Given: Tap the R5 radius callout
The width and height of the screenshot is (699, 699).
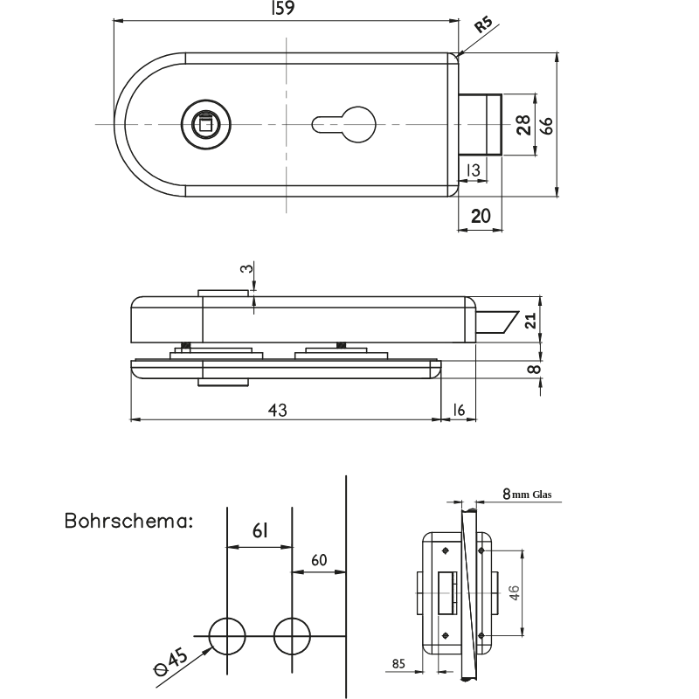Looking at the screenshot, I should point(483,25).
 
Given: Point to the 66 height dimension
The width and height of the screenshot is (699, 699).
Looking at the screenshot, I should point(546,125).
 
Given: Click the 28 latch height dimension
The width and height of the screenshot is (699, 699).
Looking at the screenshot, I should point(523,125).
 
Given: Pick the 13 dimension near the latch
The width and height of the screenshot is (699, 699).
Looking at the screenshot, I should point(473,170).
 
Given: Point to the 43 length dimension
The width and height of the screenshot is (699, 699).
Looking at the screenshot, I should point(277,410).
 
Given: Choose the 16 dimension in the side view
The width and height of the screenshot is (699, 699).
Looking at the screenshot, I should point(460,410).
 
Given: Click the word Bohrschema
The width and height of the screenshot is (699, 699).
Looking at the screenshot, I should point(128,522).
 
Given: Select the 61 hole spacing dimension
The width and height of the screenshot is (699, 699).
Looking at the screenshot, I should point(259,530).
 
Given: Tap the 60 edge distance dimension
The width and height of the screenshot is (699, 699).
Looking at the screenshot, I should point(319,559).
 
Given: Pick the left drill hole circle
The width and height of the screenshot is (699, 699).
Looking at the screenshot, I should point(226,635).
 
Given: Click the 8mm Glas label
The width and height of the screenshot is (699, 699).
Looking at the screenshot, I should point(527,495).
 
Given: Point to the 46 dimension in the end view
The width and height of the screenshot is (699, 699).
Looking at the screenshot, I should point(516,593).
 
